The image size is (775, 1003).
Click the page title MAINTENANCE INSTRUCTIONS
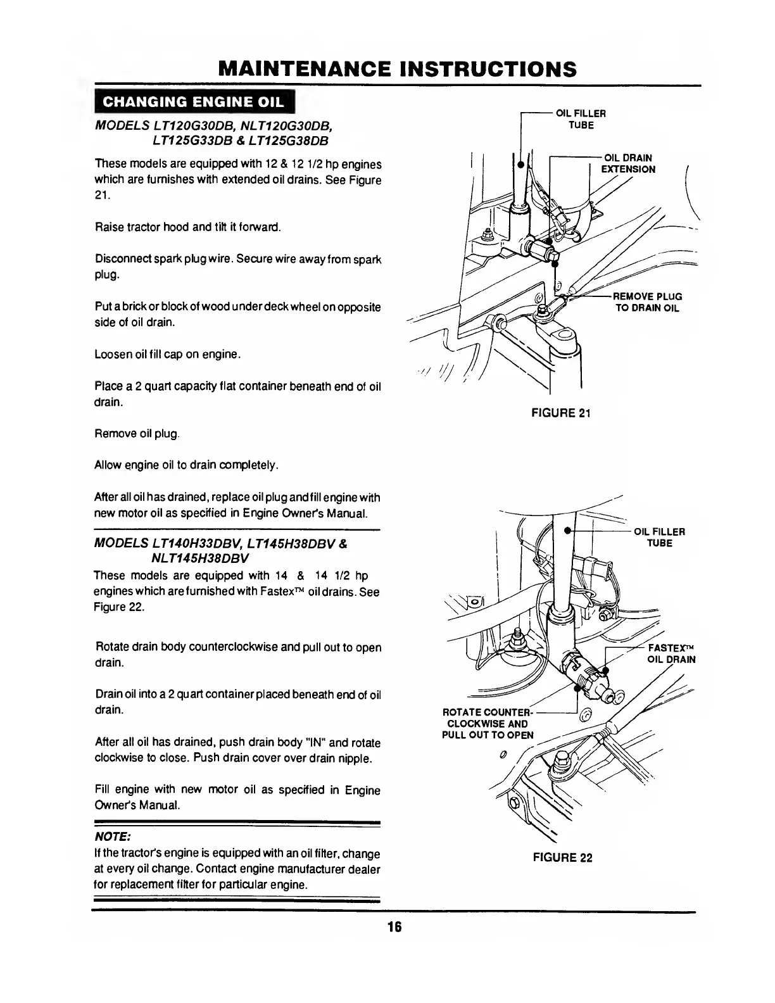[x=397, y=68]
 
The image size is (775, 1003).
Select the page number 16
[x=394, y=927]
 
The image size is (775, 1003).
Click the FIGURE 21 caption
[x=561, y=413]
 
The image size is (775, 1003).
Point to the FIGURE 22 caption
[x=562, y=858]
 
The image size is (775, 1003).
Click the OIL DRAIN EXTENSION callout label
[x=627, y=163]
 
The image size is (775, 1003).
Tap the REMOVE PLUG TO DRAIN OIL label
[x=646, y=302]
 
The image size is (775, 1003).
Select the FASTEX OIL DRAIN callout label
[x=671, y=653]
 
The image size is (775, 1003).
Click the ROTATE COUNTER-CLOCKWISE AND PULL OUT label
[x=488, y=724]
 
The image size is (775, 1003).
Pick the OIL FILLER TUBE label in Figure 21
[x=581, y=119]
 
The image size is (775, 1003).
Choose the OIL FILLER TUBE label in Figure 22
[x=659, y=538]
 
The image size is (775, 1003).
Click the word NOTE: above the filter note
[x=111, y=838]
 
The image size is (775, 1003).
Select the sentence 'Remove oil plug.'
[x=137, y=434]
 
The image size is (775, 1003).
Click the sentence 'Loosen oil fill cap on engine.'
[x=168, y=354]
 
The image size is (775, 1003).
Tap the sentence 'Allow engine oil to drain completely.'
[x=186, y=465]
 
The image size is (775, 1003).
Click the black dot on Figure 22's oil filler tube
[x=568, y=530]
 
